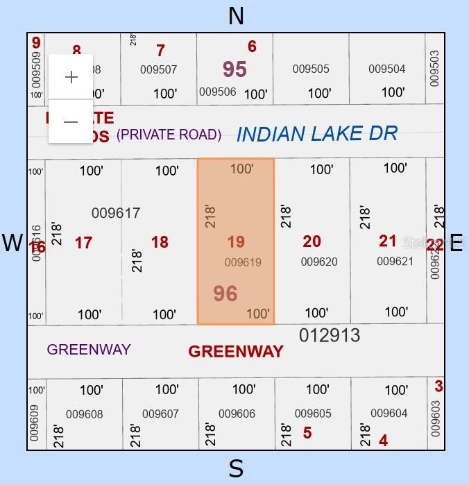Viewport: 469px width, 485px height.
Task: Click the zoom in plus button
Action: pyautogui.click(x=71, y=77)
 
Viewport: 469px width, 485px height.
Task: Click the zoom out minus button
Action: pyautogui.click(x=71, y=122)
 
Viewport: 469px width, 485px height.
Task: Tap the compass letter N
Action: pyautogui.click(x=236, y=15)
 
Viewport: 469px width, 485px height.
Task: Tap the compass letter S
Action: pyautogui.click(x=236, y=469)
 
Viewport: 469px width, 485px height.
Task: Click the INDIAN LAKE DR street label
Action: pyautogui.click(x=317, y=134)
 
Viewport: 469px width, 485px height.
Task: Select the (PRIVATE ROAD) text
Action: pyautogui.click(x=169, y=135)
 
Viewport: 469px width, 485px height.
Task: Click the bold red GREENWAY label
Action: pyautogui.click(x=236, y=351)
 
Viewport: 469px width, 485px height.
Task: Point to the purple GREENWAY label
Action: pyautogui.click(x=89, y=349)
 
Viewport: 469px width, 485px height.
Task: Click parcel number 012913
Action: pyautogui.click(x=330, y=336)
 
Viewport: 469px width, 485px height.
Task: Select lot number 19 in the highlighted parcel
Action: pyautogui.click(x=236, y=242)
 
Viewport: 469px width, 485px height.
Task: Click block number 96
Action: pyautogui.click(x=225, y=293)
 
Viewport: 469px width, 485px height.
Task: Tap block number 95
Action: pyautogui.click(x=235, y=69)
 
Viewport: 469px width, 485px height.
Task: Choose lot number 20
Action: pyautogui.click(x=312, y=241)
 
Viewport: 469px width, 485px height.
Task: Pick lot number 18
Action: pyautogui.click(x=160, y=242)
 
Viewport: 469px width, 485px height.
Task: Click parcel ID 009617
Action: pyautogui.click(x=116, y=213)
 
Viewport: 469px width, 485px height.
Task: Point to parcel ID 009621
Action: pyautogui.click(x=395, y=262)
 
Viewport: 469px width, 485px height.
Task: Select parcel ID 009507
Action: pyautogui.click(x=158, y=69)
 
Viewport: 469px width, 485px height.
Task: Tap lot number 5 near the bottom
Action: pyautogui.click(x=307, y=434)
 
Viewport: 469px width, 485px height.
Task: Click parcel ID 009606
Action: pyautogui.click(x=237, y=414)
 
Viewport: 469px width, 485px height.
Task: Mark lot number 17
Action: pyautogui.click(x=83, y=243)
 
